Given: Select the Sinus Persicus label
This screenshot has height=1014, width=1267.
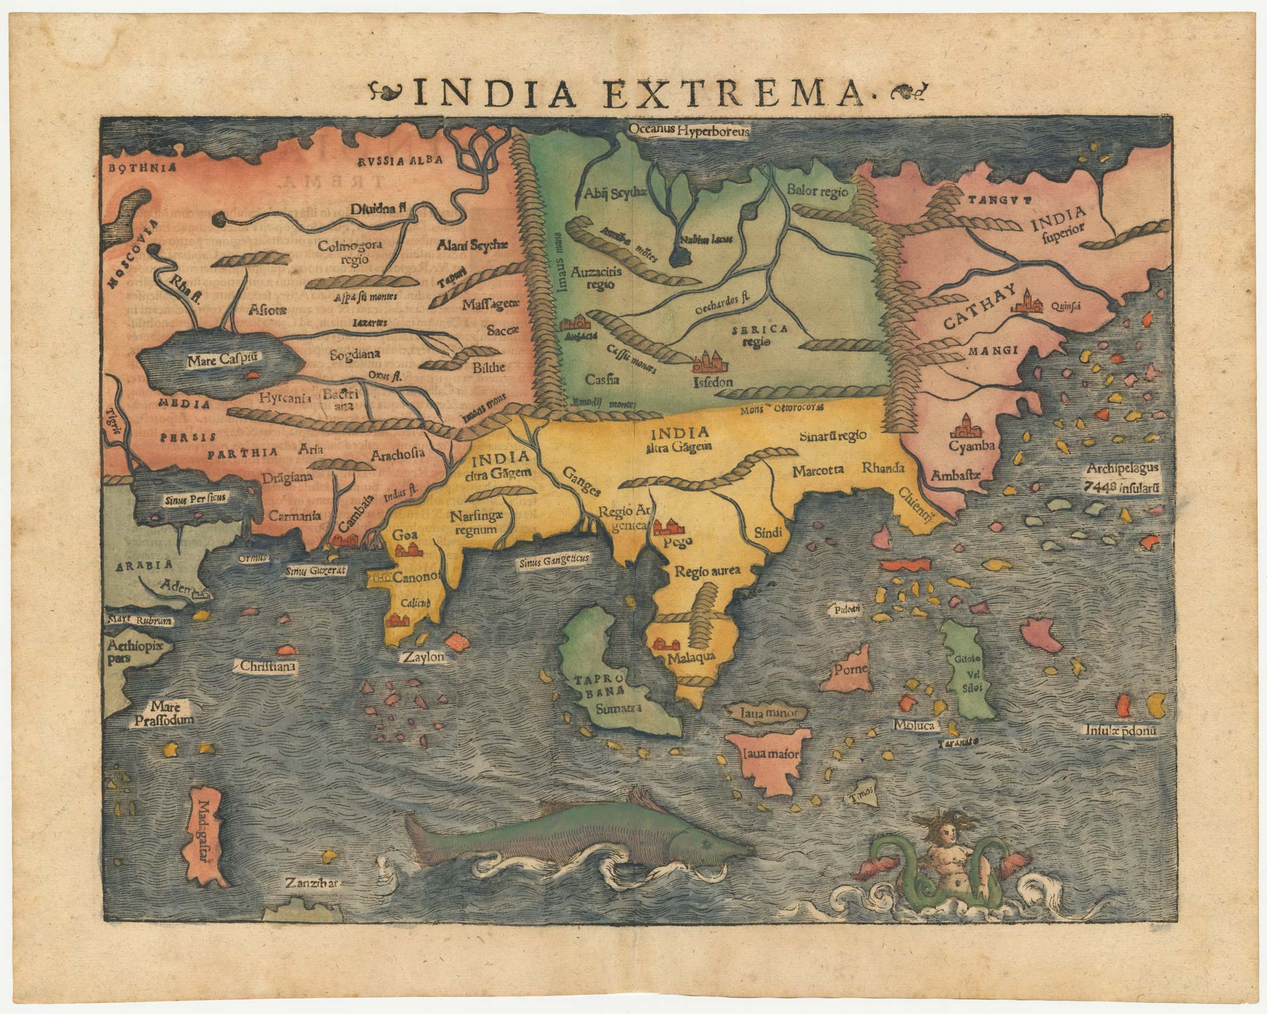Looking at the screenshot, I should tap(196, 497).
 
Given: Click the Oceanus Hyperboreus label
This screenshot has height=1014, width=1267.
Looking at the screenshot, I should tap(690, 131).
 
